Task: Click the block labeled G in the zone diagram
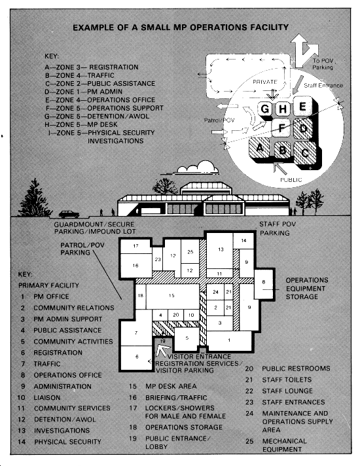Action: click(x=265, y=109)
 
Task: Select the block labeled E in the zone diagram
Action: click(x=302, y=107)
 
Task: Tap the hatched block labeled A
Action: click(x=260, y=148)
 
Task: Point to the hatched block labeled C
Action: click(x=305, y=152)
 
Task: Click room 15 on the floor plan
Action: click(x=172, y=296)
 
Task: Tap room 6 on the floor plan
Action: click(x=136, y=357)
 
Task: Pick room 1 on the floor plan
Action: click(x=229, y=341)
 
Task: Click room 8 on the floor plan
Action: click(x=263, y=283)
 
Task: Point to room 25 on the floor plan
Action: click(x=190, y=251)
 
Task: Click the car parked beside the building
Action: click(x=69, y=214)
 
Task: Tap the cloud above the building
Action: click(x=198, y=168)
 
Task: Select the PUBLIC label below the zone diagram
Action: click(x=291, y=179)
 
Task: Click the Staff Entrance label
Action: click(x=323, y=86)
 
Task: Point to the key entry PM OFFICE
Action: click(x=51, y=296)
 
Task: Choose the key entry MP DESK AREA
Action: click(x=171, y=386)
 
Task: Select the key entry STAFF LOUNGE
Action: click(x=287, y=391)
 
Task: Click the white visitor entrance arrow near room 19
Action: click(x=162, y=349)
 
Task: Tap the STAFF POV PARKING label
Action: click(x=278, y=228)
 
